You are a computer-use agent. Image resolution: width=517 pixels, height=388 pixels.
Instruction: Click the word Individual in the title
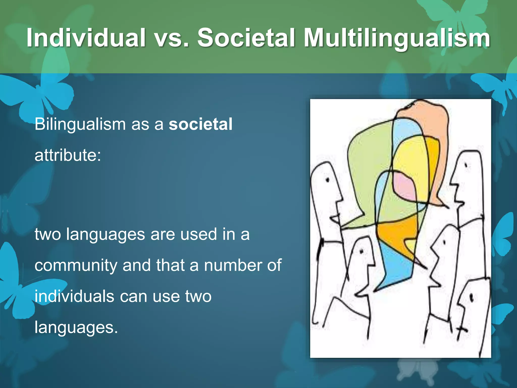point(86,38)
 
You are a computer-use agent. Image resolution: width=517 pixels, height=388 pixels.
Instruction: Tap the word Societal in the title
point(246,38)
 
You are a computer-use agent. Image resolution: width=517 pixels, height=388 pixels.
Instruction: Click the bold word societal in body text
point(200,124)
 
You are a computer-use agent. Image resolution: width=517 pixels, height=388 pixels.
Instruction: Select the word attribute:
point(68,155)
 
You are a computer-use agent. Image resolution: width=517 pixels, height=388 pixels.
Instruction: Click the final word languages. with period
point(76,328)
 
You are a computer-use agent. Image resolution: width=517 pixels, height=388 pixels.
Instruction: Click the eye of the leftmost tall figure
point(328,180)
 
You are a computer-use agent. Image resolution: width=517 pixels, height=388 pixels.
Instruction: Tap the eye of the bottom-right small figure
point(471,298)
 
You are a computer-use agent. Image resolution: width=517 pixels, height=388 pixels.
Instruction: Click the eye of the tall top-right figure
point(466,165)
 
